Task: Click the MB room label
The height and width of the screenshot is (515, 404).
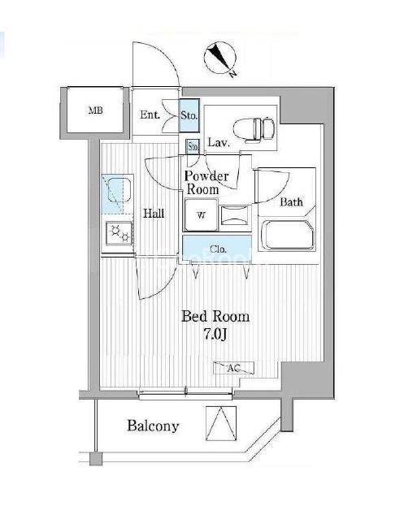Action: pos(96,110)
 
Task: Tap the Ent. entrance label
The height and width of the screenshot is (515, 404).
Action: pos(150,115)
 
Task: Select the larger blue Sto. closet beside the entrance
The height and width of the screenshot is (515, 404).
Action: pos(189,115)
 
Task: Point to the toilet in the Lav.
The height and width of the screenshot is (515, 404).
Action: pos(254,128)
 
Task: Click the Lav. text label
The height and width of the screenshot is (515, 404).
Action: pos(219,142)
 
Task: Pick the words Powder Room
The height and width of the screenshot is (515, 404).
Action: pos(206,183)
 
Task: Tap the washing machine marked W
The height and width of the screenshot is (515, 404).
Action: pos(201,214)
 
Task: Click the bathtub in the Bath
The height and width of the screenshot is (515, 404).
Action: pos(288,235)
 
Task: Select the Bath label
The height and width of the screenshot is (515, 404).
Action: pos(291,202)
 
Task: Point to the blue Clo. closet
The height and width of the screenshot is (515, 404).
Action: pos(217,249)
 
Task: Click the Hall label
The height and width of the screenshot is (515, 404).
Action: pos(154,214)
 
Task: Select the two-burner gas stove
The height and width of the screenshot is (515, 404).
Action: pos(119,233)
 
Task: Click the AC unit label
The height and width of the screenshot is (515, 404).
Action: pos(234,368)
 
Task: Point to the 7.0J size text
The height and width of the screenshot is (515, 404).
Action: pos(216,335)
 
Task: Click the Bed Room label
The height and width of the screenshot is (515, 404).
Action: pos(215,317)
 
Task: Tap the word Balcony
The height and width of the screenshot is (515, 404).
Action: pos(153,426)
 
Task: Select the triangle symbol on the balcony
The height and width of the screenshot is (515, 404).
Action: pos(221,423)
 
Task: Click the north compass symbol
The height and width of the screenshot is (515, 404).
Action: pos(219,58)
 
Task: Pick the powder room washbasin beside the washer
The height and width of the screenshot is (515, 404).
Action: pos(234,215)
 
